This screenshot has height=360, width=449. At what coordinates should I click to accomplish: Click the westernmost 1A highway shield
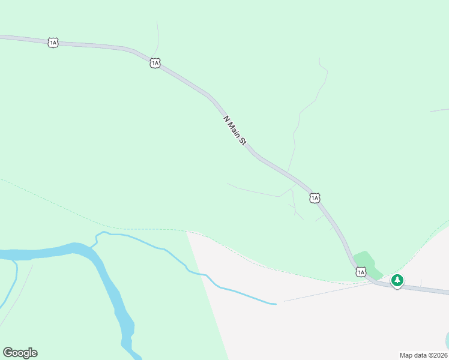[53, 43]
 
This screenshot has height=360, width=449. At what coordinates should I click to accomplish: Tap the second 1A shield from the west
[155, 62]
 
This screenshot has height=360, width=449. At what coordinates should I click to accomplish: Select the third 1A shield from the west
[315, 198]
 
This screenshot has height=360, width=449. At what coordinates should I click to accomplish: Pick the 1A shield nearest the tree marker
[360, 272]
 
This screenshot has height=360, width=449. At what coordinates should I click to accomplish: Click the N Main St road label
[235, 130]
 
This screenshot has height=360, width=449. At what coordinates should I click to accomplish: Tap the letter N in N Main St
[226, 118]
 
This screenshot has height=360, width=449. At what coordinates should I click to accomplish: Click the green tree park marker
[397, 280]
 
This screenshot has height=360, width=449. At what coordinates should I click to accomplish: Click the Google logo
[20, 353]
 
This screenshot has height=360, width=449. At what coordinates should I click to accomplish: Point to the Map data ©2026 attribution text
[424, 355]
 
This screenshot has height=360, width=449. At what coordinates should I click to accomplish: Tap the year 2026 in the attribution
[439, 355]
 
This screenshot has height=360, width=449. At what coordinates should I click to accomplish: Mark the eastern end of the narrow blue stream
[275, 304]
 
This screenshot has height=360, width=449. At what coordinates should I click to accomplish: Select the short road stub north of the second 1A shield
[157, 36]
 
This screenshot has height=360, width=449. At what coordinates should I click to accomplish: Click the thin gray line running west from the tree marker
[324, 292]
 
